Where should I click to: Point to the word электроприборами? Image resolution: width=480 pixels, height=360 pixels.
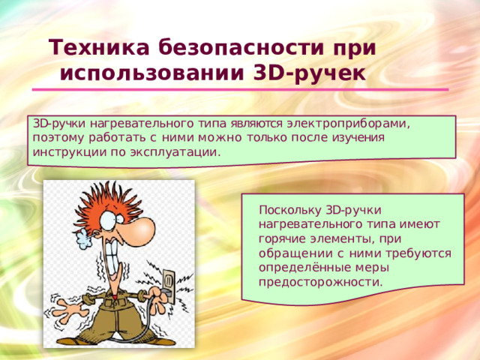coord(352,124)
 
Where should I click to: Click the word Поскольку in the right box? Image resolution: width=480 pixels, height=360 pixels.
coord(288,209)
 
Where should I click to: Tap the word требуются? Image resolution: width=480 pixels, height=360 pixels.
coord(420,253)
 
